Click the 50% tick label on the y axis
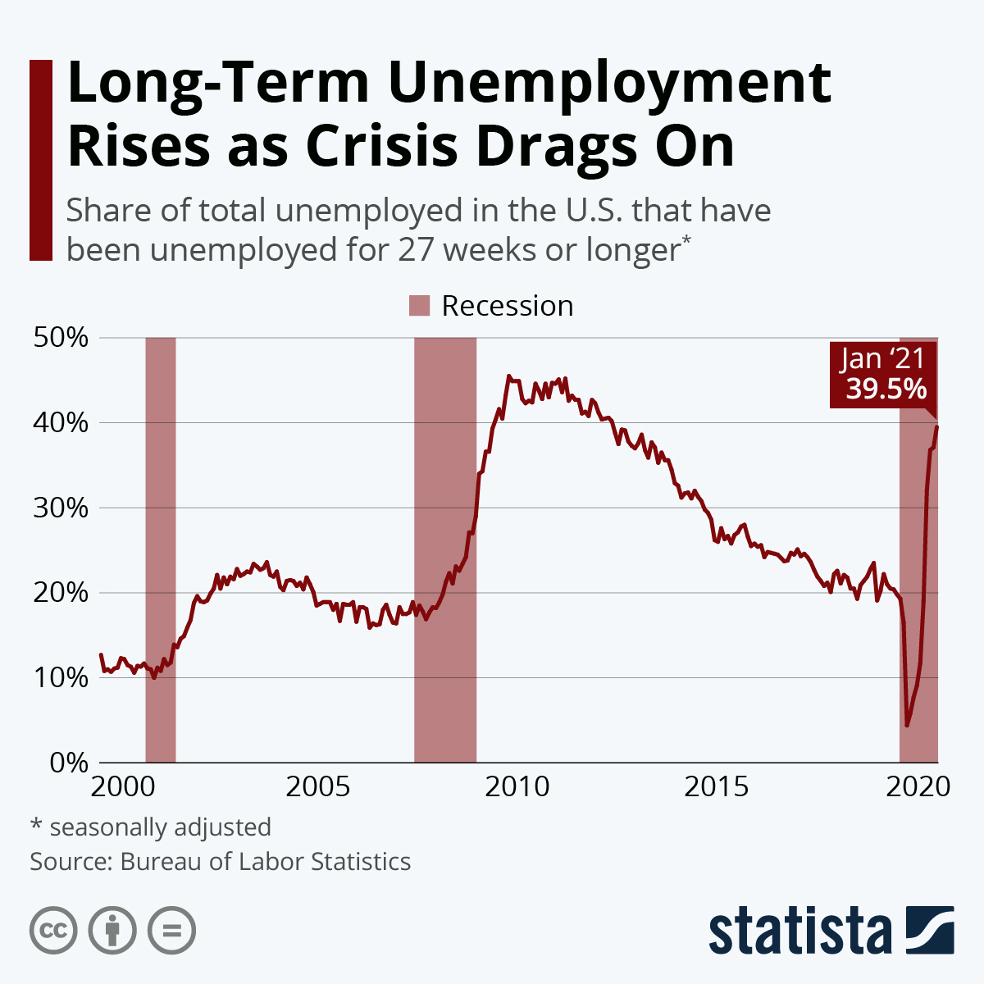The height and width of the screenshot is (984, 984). point(60,338)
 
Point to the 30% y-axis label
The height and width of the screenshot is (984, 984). point(60,508)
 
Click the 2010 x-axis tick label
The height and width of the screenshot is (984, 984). point(517,787)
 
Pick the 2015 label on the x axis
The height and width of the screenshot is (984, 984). point(717,787)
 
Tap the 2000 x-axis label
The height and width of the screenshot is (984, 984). point(124,787)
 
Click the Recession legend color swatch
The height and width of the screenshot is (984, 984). point(419,306)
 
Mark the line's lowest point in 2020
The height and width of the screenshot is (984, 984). point(907,725)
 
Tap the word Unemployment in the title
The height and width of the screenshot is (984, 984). point(610,83)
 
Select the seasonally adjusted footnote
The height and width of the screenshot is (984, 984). point(150,827)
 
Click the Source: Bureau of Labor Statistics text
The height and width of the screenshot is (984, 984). point(220,862)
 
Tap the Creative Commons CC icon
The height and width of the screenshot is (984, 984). point(53,931)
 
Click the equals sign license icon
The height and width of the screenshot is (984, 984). point(172,931)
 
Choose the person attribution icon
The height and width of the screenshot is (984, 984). point(112,931)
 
